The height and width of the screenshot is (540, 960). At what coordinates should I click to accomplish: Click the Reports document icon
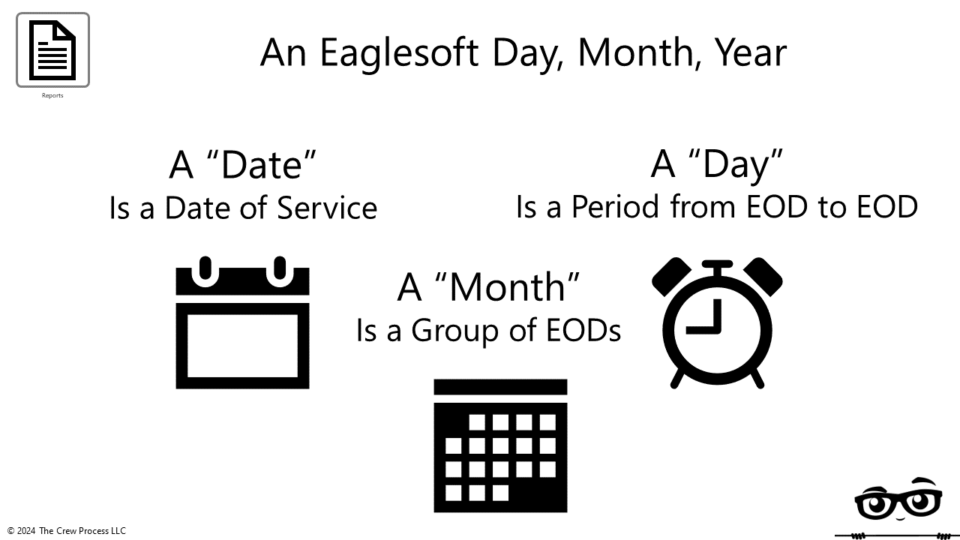[52, 49]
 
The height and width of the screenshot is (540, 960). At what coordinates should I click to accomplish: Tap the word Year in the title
[749, 52]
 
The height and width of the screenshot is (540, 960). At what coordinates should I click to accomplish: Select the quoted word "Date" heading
[243, 164]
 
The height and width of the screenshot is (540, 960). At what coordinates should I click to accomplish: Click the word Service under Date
[327, 208]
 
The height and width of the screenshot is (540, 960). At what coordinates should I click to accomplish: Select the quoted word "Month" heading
[489, 286]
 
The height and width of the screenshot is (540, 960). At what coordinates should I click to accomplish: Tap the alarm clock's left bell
[672, 276]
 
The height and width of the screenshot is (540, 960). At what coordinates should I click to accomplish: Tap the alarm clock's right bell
[763, 276]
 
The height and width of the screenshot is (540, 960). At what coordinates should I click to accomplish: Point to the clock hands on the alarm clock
[709, 319]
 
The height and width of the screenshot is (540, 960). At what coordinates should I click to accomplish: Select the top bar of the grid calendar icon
[500, 387]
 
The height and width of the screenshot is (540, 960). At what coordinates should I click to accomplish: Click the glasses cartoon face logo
[898, 500]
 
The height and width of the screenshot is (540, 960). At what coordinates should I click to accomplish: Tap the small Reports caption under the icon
[52, 95]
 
